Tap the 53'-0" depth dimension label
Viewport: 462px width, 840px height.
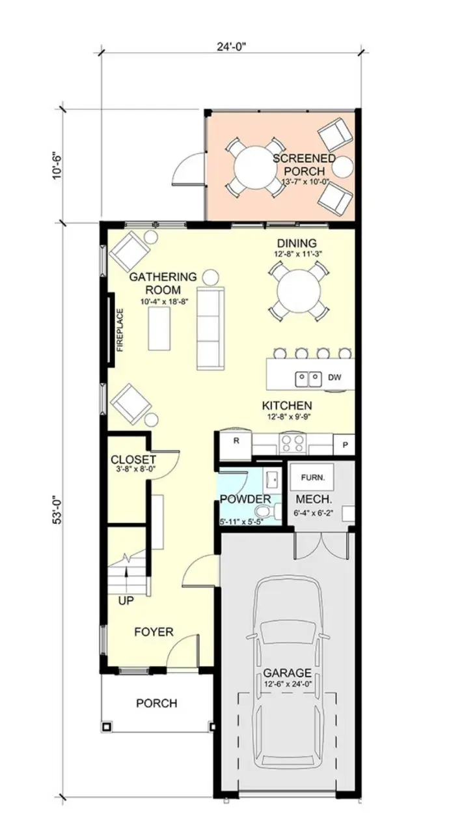click(x=58, y=509)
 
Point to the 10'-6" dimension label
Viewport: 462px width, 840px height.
click(x=58, y=165)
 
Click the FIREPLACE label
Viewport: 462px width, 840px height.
click(x=120, y=330)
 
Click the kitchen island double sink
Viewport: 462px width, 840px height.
click(x=309, y=378)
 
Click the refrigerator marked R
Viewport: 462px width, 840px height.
click(x=237, y=441)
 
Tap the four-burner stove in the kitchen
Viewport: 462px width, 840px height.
click(x=292, y=443)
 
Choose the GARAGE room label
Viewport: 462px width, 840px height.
click(x=287, y=673)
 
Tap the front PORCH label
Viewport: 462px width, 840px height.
click(x=156, y=703)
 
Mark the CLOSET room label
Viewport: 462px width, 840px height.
click(x=133, y=459)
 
